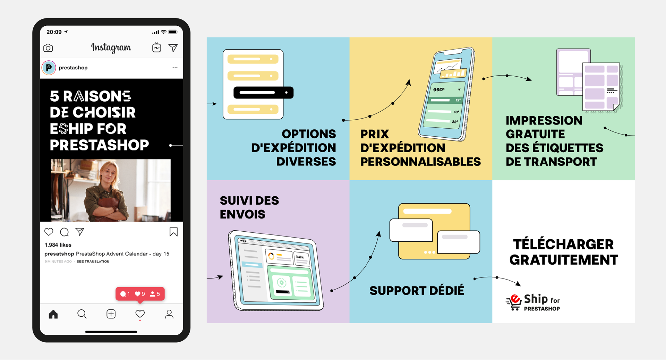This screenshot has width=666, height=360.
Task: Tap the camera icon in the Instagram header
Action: [x=48, y=48]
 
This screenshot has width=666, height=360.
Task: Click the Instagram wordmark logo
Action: [x=111, y=48]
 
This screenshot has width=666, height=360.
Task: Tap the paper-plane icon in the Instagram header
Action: [x=173, y=48]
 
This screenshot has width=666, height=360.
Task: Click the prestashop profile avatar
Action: [x=49, y=68]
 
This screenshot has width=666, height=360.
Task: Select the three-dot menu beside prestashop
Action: [x=175, y=68]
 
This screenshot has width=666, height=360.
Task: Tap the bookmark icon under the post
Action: [x=173, y=232]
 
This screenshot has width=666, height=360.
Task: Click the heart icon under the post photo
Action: [x=49, y=232]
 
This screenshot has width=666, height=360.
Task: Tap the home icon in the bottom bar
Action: [x=53, y=314]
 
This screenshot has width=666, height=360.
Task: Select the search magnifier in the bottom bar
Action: [x=82, y=314]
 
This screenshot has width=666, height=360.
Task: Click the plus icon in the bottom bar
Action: [x=111, y=314]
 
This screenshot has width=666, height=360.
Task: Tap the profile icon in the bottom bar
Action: [x=169, y=314]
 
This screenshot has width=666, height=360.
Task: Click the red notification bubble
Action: [x=140, y=294]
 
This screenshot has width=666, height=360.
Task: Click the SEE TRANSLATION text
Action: [x=93, y=262]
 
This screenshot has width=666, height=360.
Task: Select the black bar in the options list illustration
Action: [x=263, y=93]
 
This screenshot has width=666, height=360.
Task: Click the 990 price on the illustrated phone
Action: [x=439, y=89]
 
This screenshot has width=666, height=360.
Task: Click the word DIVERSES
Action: [x=306, y=162]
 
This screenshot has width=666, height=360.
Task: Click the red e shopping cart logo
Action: [x=514, y=302]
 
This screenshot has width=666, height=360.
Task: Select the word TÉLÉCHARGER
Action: [x=563, y=245]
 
